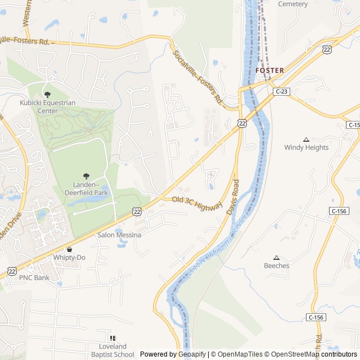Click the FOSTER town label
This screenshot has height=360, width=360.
point(269,70)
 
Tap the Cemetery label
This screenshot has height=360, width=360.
point(293,4)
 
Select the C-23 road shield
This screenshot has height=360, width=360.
point(281,91)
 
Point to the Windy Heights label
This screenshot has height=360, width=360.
point(306,147)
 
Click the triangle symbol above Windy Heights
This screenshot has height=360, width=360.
point(306,139)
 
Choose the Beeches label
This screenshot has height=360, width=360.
point(277,265)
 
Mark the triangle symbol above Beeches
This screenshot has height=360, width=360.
point(276,257)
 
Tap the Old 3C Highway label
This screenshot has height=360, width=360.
point(197,203)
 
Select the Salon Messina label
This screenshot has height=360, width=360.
point(120,235)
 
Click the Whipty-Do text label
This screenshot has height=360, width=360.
point(69,258)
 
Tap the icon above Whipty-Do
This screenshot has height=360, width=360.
point(69,249)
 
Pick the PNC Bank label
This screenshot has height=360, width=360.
point(34,277)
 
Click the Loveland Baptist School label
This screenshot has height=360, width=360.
point(112,350)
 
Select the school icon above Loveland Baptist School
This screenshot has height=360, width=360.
point(112,338)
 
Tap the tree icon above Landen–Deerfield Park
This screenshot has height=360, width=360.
point(86,176)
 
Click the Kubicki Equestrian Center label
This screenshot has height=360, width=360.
point(47,107)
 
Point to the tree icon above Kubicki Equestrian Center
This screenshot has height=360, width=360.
point(47,94)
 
